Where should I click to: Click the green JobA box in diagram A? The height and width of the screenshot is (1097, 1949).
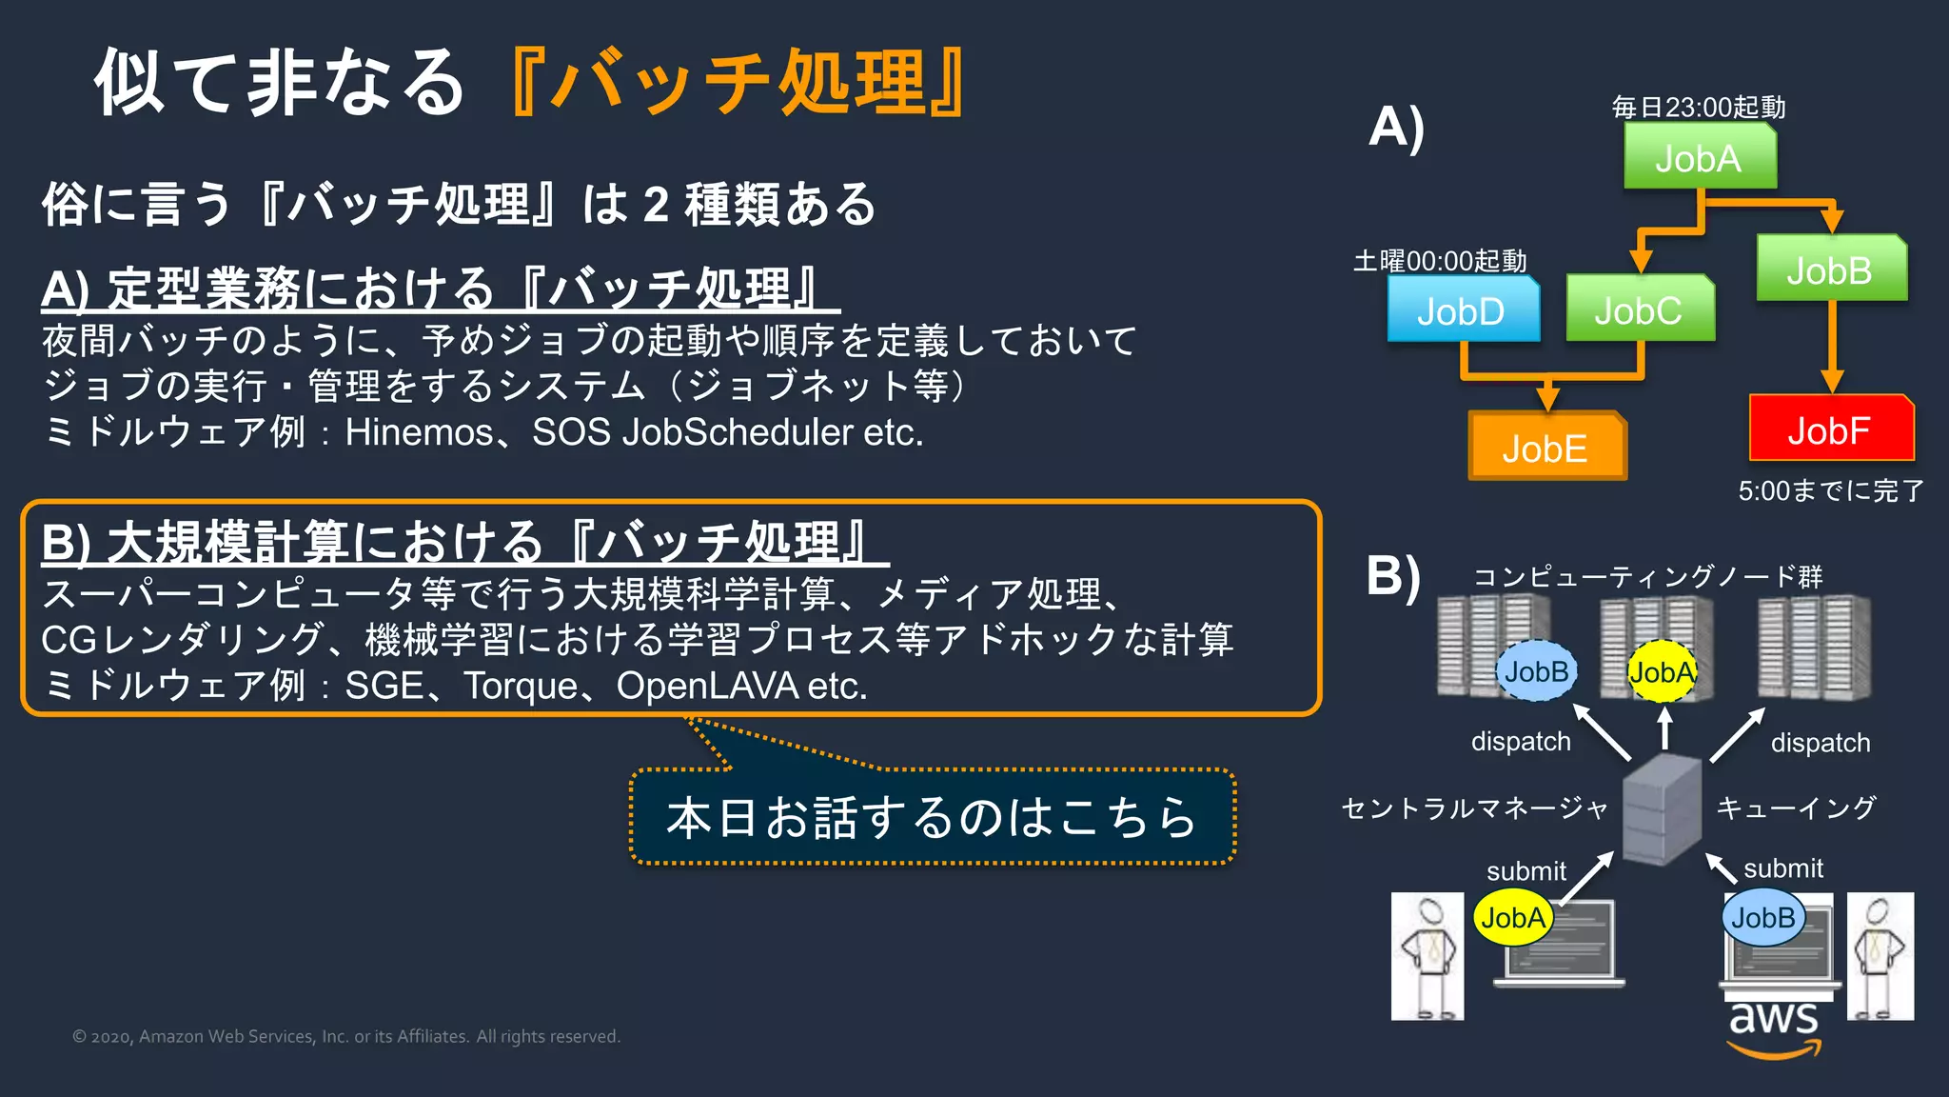click(x=1699, y=158)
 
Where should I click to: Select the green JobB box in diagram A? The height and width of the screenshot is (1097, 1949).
click(x=1830, y=270)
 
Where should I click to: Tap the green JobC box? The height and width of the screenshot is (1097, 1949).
click(x=1639, y=310)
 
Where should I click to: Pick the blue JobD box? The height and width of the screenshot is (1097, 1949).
click(x=1462, y=310)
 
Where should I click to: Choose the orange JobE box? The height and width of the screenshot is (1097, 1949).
click(x=1545, y=448)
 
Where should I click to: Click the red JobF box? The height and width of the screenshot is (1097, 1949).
click(x=1830, y=430)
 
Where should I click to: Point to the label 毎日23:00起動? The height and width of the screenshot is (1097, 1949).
click(x=1699, y=108)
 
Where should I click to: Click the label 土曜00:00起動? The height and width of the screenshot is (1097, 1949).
click(x=1440, y=261)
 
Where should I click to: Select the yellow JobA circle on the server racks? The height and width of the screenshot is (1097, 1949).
click(x=1662, y=672)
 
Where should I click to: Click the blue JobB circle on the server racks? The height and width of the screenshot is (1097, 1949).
click(x=1536, y=671)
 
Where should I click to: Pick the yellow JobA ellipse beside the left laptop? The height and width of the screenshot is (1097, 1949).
click(x=1513, y=918)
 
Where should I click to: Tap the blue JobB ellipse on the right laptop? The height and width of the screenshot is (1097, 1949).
click(x=1762, y=918)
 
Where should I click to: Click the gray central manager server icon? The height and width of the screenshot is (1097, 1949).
click(x=1661, y=809)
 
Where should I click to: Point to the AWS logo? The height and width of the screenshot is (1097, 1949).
click(x=1774, y=1028)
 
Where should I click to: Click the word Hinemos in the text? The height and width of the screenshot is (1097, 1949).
click(x=419, y=432)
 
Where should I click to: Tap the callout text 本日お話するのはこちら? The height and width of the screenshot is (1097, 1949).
click(x=932, y=817)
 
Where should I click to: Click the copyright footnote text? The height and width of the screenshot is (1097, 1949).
click(x=346, y=1036)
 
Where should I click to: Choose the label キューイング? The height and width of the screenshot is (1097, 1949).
click(x=1796, y=808)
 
